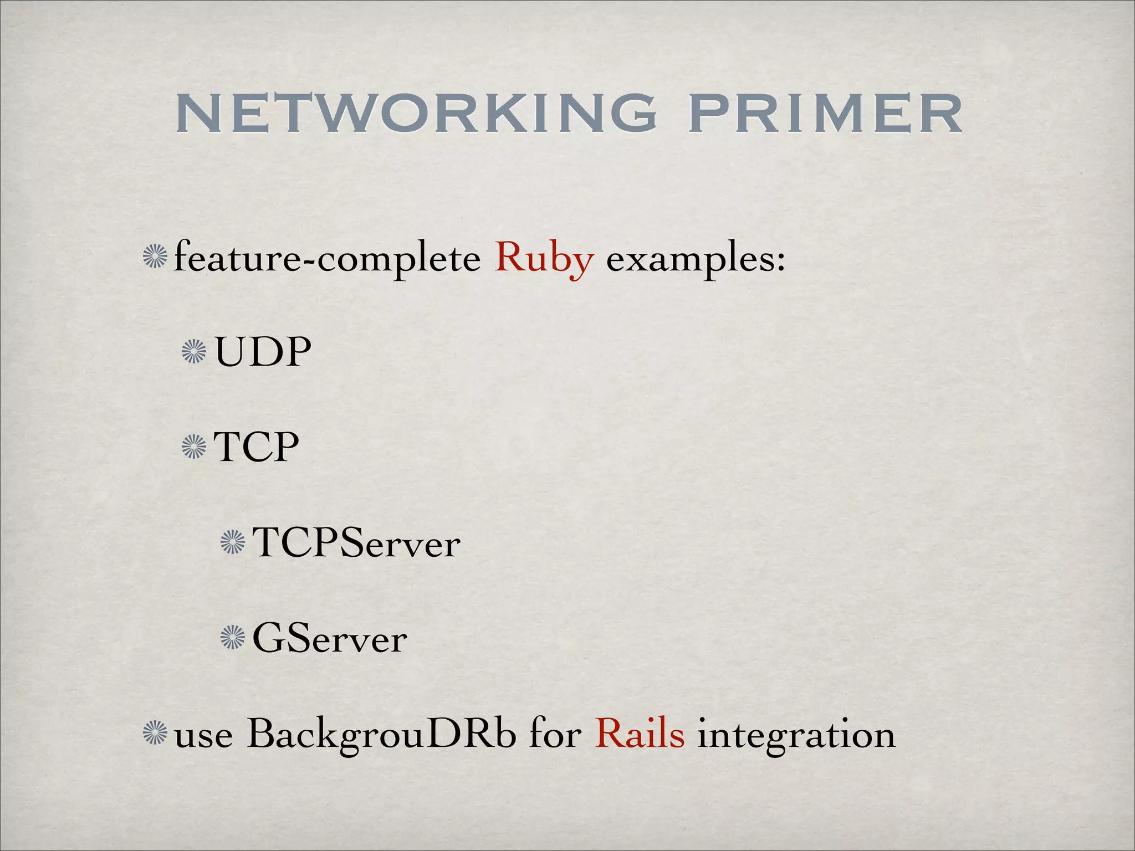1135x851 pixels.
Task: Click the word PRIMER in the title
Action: (x=825, y=114)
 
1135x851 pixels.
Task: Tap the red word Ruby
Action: (x=544, y=258)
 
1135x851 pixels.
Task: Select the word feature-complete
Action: (x=327, y=258)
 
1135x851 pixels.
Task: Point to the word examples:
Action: (x=696, y=259)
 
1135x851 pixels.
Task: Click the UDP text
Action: (x=263, y=352)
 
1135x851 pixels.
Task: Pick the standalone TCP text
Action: (x=257, y=447)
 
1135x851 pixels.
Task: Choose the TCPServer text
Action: (x=356, y=543)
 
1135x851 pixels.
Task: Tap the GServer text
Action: (x=330, y=639)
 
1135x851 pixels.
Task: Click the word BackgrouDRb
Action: (x=382, y=735)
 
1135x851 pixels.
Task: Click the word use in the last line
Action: (x=203, y=737)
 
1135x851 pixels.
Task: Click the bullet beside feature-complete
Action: (x=155, y=258)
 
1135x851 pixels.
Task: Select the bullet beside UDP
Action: (x=194, y=352)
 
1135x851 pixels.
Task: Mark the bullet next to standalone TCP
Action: (x=194, y=447)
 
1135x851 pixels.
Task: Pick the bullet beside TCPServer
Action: (x=233, y=542)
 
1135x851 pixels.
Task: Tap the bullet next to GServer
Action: (x=233, y=638)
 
